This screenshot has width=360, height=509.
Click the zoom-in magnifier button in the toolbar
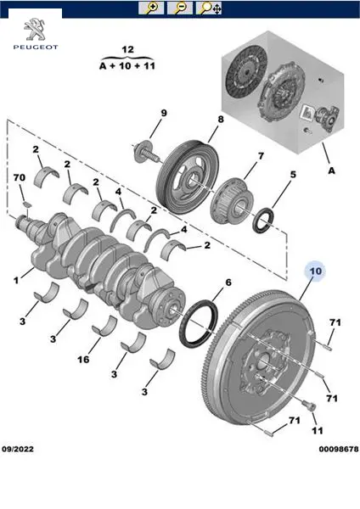click(151, 8)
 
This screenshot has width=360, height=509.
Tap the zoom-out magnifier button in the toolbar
click(180, 8)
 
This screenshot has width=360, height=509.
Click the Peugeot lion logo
click(36, 29)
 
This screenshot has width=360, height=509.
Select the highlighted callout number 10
click(316, 271)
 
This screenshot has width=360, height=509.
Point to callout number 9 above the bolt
click(164, 113)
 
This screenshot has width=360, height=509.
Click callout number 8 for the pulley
click(221, 119)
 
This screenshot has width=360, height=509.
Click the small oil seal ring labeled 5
click(263, 221)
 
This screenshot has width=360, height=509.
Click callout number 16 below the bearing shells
click(83, 360)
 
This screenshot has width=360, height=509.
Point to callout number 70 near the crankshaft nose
click(20, 177)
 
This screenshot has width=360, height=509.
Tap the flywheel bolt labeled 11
click(307, 406)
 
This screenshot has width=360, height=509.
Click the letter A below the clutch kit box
click(331, 171)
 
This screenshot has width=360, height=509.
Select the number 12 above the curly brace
click(127, 49)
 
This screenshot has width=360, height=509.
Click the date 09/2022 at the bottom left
click(18, 449)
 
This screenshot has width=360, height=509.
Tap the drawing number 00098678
click(339, 449)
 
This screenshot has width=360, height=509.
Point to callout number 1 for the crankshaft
click(16, 280)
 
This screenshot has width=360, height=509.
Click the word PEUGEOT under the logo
click(36, 47)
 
